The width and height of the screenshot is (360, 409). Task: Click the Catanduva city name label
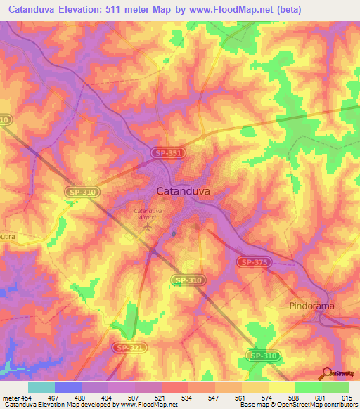(182, 190)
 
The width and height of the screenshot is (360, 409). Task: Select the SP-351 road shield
(167, 152)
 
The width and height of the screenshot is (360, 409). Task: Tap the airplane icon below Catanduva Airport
(148, 226)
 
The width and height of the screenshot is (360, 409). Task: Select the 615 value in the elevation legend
(347, 397)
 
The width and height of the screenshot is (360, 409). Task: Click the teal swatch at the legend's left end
(41, 387)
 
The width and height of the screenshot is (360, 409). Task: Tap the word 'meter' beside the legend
(11, 397)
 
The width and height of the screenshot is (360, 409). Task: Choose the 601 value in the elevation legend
(320, 397)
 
